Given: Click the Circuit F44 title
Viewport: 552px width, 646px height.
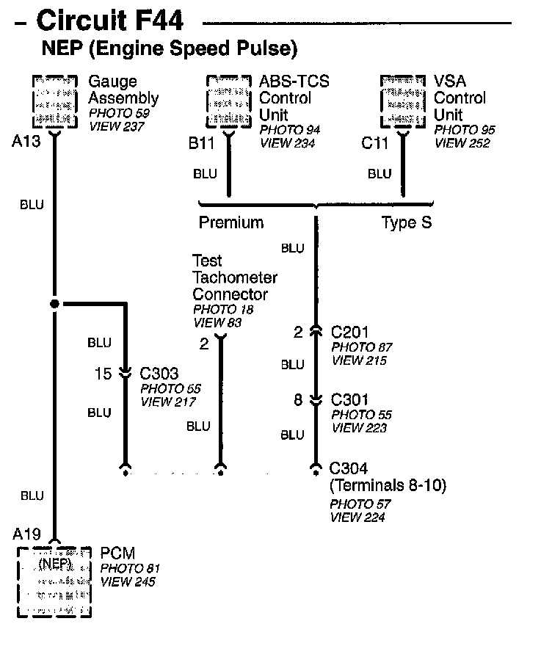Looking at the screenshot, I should coord(110,20).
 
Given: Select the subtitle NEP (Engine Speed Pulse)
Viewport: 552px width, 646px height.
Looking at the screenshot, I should coord(170,49).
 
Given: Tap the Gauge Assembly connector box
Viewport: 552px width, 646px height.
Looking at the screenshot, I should coord(55,101).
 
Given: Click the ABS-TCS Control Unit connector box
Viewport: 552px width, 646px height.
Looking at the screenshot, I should coord(229,101).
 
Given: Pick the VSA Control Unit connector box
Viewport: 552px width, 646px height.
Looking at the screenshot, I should coord(403,101).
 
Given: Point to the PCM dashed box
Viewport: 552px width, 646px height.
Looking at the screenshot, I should coord(55,581).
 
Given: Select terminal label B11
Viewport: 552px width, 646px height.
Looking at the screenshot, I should coord(201,142).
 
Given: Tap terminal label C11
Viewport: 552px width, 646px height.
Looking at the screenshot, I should coord(375,142).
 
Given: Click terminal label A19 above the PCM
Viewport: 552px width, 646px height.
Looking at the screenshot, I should coord(26,532).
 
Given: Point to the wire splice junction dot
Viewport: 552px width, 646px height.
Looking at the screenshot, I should coord(54,303).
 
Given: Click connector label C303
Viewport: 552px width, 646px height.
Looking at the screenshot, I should coord(159,374).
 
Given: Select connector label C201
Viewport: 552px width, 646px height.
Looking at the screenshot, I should coord(350,333).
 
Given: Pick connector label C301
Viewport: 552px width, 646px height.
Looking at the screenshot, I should coord(350,400).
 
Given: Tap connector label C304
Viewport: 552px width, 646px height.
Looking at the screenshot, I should coord(349,469).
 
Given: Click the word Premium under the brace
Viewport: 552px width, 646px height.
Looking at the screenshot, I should coord(231,222).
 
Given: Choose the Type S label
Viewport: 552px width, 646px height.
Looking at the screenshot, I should coord(407,222).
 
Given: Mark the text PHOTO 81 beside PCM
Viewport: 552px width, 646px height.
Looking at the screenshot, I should coord(129,568).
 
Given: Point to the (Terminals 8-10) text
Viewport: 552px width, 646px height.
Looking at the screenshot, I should coord(388,485).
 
